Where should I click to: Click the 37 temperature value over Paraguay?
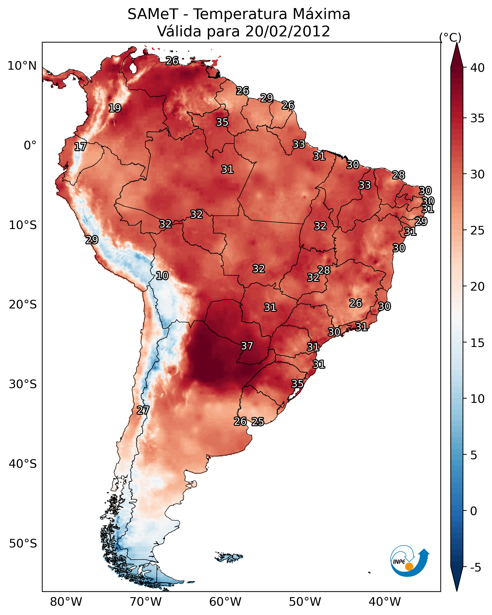(x=247, y=346)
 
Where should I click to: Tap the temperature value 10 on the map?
(x=162, y=276)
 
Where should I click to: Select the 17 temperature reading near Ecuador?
(x=80, y=147)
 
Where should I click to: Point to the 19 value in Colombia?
(x=115, y=108)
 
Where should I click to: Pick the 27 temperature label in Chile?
(x=143, y=410)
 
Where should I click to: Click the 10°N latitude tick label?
(x=22, y=66)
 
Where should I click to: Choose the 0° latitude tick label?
(x=30, y=145)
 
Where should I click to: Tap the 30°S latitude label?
(x=23, y=384)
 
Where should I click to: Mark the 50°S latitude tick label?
(x=23, y=543)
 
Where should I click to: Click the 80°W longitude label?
(x=66, y=602)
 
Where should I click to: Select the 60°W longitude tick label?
(x=225, y=602)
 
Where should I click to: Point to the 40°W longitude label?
(x=385, y=602)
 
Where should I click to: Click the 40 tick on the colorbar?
(x=477, y=68)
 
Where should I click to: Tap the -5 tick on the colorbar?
(x=475, y=568)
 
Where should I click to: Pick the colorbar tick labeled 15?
(x=477, y=343)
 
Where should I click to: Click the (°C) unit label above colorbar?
(x=450, y=37)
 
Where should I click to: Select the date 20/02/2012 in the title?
(x=288, y=31)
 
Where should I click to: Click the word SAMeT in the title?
(x=153, y=14)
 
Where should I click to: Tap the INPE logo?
(x=410, y=561)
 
